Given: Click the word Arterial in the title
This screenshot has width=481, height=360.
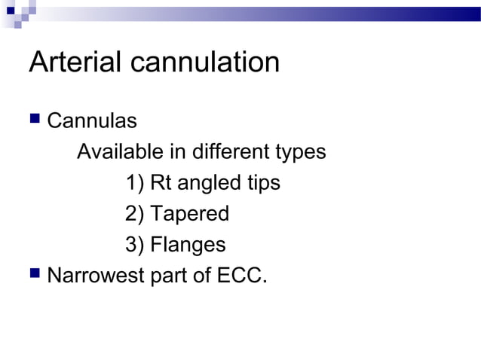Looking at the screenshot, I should click(x=75, y=63).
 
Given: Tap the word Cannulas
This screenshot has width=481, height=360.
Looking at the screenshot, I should click(x=92, y=121).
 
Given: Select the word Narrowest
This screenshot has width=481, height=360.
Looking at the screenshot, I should click(x=97, y=276).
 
